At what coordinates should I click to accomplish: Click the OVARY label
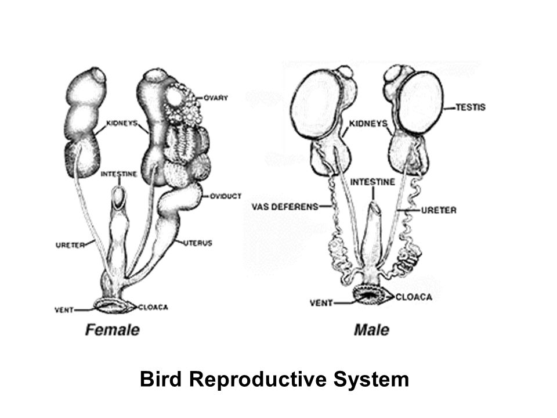[216, 98]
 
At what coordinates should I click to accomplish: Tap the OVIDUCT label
[226, 196]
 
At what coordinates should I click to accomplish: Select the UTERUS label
[198, 243]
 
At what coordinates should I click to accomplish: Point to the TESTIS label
[471, 107]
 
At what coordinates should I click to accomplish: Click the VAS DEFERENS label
[285, 207]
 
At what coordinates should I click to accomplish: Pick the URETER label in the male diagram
[439, 210]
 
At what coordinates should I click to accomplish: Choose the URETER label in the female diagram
[70, 245]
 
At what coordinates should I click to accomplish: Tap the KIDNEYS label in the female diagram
[122, 123]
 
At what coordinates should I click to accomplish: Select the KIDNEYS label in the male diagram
[368, 124]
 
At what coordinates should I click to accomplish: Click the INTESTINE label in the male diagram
[372, 182]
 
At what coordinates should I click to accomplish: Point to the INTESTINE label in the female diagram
[118, 174]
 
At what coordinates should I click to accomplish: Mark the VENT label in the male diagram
[321, 303]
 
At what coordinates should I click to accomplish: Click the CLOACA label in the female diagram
[153, 307]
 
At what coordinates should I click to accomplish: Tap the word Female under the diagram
[112, 330]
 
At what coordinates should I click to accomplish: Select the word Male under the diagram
[371, 330]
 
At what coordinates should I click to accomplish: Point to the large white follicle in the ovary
[174, 95]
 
